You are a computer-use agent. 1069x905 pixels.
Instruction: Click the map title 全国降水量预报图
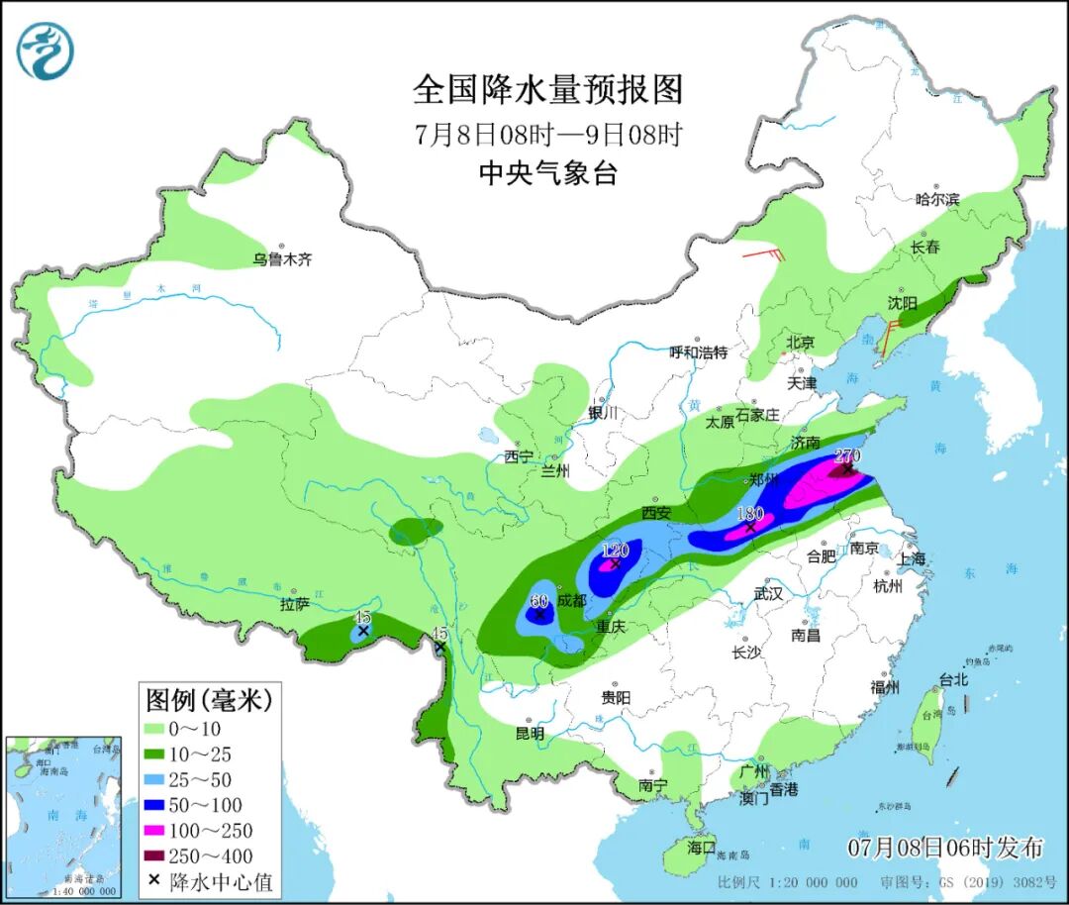(547, 90)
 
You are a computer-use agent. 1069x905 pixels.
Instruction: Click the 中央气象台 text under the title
(547, 174)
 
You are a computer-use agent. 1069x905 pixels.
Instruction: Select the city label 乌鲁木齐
(281, 259)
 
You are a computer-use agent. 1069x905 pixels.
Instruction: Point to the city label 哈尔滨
(936, 199)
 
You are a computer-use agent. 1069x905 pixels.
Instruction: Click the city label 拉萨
(295, 604)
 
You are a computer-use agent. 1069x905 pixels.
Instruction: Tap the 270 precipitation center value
(848, 456)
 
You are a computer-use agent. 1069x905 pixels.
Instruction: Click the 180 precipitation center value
(751, 514)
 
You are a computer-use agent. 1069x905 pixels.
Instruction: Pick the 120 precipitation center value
(616, 551)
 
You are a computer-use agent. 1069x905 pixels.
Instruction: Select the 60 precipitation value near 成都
(539, 601)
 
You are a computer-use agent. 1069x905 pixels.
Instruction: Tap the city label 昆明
(530, 734)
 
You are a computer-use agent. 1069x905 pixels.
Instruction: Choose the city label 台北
(953, 680)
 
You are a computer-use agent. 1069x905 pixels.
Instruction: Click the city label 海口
(701, 848)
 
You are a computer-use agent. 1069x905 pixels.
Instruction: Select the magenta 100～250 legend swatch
(157, 831)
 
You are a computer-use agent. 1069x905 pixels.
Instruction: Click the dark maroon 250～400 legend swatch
(157, 856)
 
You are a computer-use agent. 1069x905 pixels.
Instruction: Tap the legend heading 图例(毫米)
(208, 701)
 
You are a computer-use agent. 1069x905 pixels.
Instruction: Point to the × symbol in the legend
(155, 881)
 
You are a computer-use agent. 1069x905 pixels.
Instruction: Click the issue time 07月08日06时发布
(945, 848)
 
